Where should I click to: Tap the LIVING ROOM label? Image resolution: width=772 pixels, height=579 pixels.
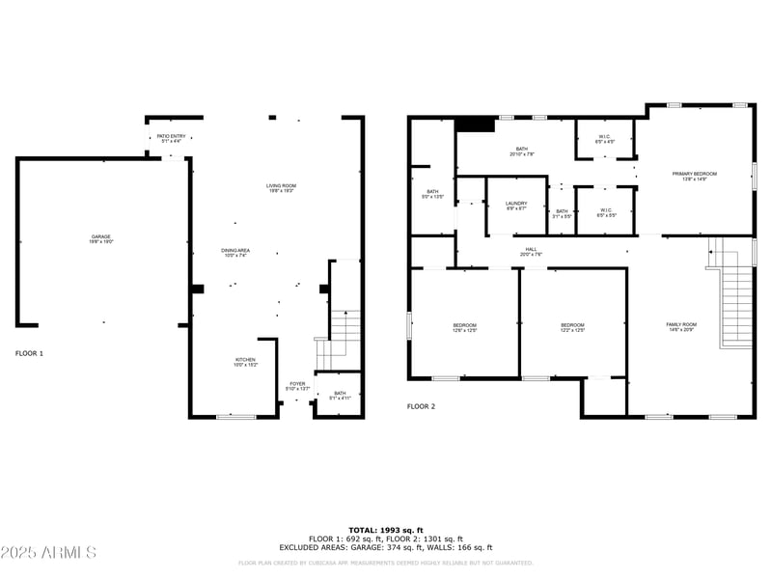click(x=281, y=188)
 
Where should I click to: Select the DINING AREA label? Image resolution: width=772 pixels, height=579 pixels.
click(x=235, y=253)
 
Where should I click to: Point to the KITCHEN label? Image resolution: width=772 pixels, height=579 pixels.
click(x=245, y=362)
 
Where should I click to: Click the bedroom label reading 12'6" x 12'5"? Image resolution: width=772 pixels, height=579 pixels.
click(x=465, y=328)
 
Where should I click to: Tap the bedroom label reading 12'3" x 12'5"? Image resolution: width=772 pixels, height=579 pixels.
click(x=573, y=328)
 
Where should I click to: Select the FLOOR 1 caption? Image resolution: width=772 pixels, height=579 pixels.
click(x=29, y=353)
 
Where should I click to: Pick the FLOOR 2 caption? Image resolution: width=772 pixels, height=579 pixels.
click(x=421, y=406)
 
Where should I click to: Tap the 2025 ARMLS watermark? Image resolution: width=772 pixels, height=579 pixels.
click(x=48, y=553)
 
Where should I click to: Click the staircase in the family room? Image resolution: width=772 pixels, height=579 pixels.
click(x=736, y=304)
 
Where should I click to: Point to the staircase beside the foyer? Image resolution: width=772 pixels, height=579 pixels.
click(x=345, y=333)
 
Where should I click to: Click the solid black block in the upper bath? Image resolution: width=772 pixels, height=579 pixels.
click(x=475, y=124)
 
